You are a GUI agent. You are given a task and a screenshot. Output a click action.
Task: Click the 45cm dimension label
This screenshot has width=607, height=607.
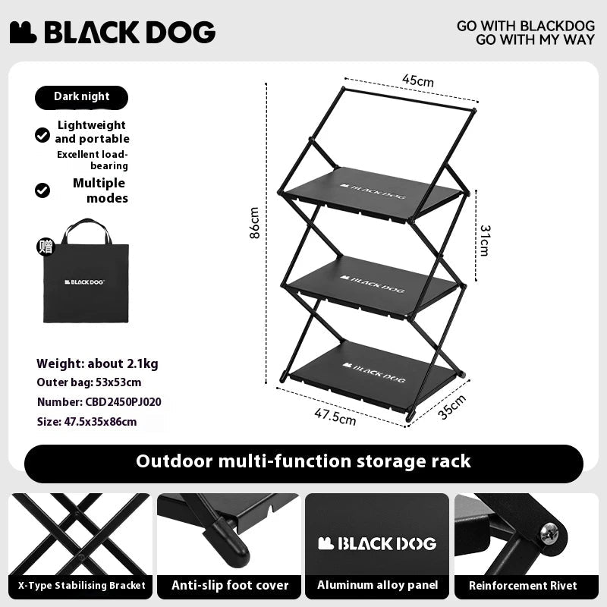pyautogui.click(x=417, y=81)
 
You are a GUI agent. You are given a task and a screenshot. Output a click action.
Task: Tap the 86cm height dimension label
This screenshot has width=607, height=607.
pyautogui.click(x=255, y=223)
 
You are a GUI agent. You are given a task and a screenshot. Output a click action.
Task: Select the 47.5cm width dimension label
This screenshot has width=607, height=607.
pyautogui.click(x=335, y=417)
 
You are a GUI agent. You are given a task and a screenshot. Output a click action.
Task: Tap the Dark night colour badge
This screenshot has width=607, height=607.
pyautogui.click(x=81, y=97)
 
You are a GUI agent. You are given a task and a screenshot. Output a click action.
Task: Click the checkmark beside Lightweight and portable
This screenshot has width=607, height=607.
pyautogui.click(x=42, y=135)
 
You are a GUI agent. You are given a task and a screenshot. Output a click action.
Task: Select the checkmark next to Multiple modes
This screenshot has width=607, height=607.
pyautogui.click(x=42, y=190)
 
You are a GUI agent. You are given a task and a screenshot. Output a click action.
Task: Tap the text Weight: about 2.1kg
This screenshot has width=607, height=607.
pyautogui.click(x=97, y=363)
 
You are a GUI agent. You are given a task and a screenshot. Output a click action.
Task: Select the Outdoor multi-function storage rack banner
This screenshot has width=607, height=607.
pyautogui.click(x=303, y=461)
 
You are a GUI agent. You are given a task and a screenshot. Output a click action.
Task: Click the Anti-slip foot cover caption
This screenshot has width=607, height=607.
pyautogui.click(x=230, y=585)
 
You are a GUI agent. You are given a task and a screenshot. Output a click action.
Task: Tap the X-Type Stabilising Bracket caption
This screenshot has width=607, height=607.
pyautogui.click(x=80, y=585)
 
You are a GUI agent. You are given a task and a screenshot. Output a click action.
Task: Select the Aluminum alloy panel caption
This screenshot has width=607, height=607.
pyautogui.click(x=377, y=585)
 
